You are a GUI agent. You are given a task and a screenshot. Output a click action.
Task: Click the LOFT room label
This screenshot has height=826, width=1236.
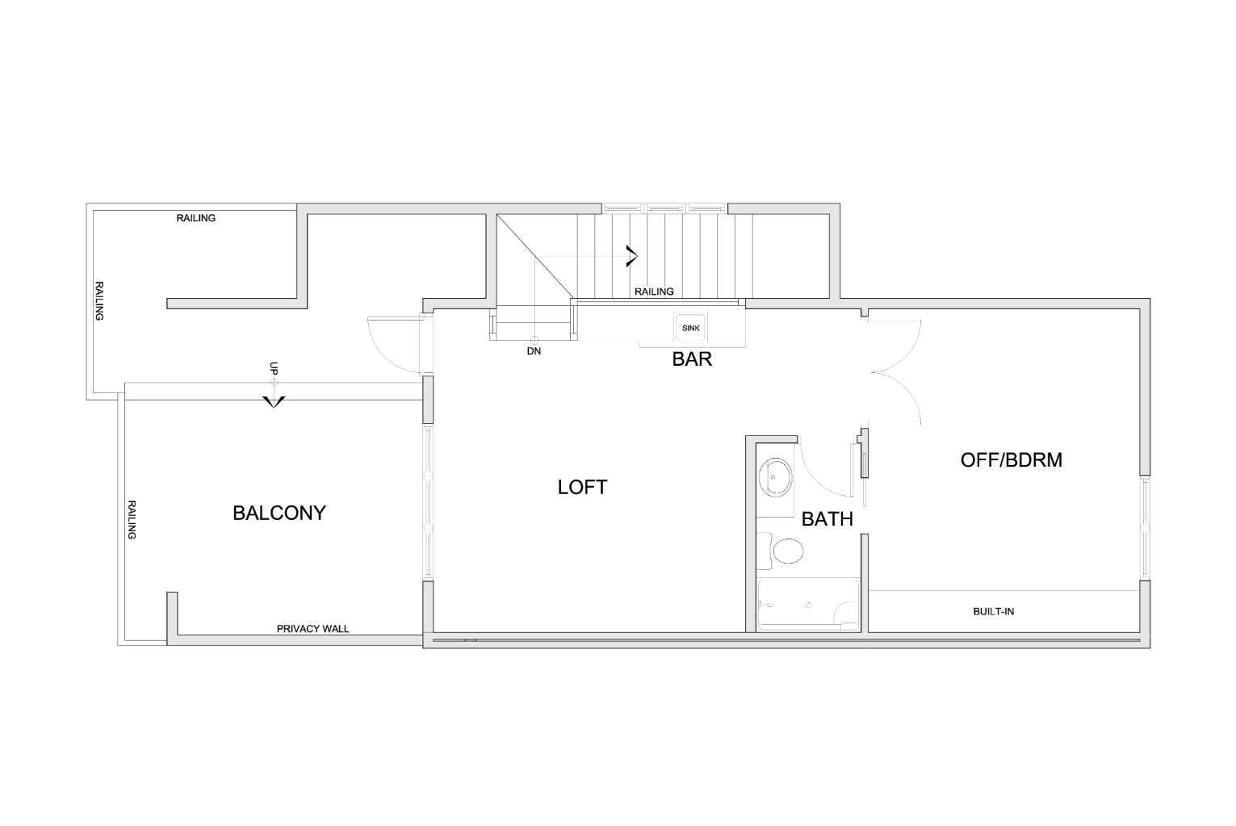click(x=582, y=487)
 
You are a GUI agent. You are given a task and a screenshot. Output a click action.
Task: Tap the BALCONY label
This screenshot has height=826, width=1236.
click(x=279, y=513)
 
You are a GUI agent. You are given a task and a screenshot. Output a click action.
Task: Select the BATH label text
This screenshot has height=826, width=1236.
click(x=827, y=519)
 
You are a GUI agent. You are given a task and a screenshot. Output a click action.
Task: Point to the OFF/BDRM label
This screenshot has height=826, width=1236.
click(x=1011, y=460)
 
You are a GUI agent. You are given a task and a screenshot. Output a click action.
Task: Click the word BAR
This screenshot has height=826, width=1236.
click(x=692, y=359)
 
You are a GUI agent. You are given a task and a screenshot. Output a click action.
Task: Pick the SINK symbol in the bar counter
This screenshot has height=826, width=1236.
click(x=691, y=328)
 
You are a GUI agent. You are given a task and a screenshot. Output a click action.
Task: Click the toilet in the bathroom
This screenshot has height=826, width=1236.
click(x=783, y=551)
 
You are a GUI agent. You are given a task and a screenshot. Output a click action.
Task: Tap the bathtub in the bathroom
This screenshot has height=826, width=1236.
click(x=807, y=605)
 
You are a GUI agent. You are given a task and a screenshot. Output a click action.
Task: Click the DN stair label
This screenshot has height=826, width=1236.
click(x=534, y=351)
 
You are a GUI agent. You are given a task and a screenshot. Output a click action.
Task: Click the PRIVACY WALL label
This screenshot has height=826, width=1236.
click(x=312, y=628)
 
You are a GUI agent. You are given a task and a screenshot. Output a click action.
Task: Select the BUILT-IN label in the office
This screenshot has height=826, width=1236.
click(x=993, y=611)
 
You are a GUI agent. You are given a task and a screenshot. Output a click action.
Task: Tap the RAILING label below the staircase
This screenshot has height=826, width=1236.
click(x=653, y=291)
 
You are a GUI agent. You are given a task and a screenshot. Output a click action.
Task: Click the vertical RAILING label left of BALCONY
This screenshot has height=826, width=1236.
click(x=132, y=520)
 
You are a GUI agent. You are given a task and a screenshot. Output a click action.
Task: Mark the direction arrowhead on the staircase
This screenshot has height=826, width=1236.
click(x=631, y=256)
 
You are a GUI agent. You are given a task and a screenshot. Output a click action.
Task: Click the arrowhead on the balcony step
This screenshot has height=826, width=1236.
click(x=274, y=401)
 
